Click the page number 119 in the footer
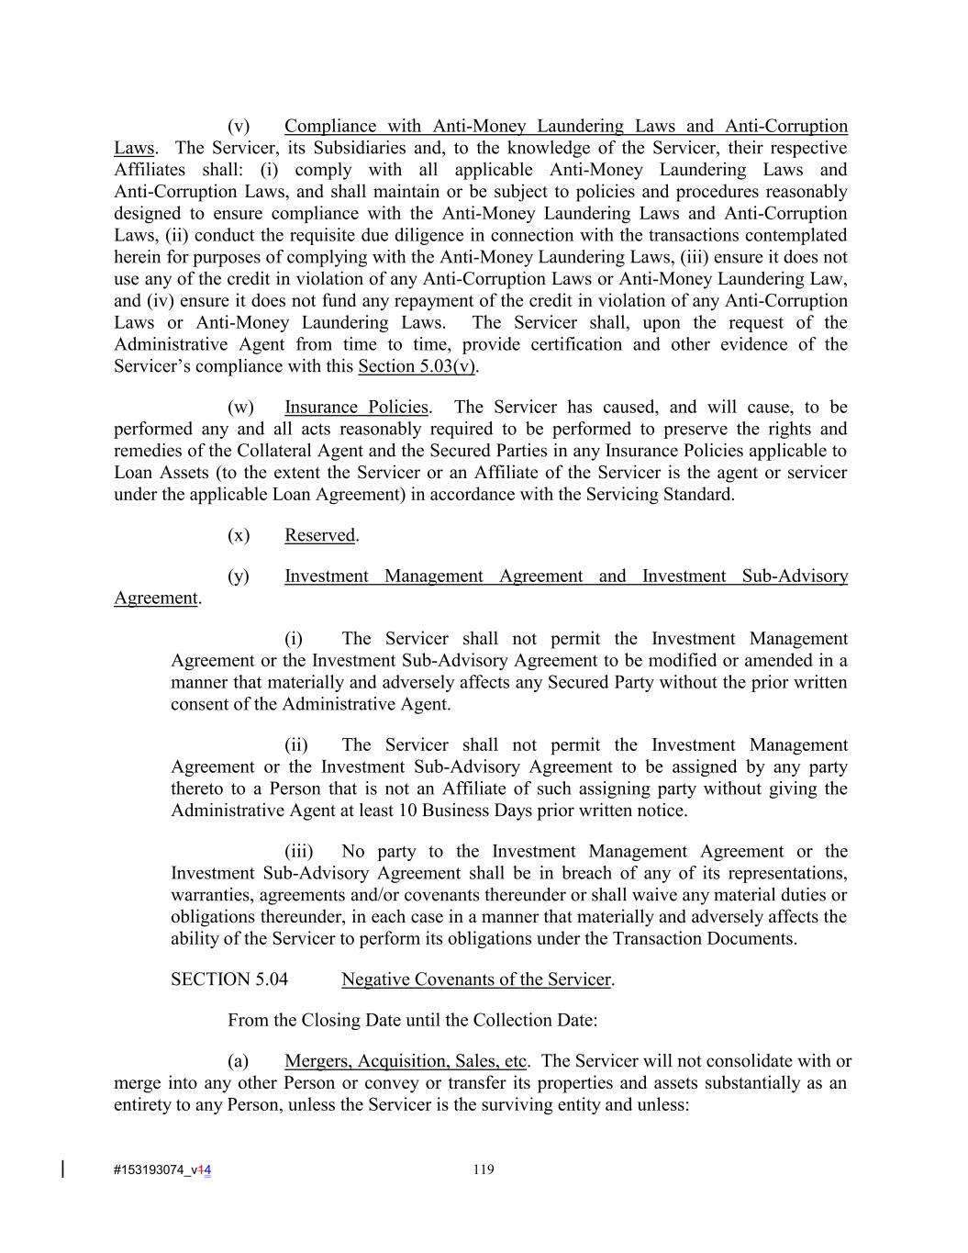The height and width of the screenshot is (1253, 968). click(x=484, y=1169)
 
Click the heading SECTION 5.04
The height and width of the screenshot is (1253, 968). click(x=228, y=979)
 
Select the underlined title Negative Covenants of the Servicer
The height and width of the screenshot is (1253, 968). click(x=475, y=979)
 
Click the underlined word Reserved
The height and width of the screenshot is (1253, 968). click(x=319, y=535)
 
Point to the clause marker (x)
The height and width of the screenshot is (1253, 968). click(x=239, y=535)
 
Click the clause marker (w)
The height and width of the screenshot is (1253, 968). click(x=240, y=407)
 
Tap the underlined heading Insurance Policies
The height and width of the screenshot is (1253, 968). click(x=356, y=407)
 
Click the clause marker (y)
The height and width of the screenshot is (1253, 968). click(x=239, y=576)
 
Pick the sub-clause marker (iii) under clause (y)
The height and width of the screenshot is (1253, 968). click(x=298, y=851)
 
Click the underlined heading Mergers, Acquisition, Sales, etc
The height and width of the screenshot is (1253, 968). click(x=406, y=1061)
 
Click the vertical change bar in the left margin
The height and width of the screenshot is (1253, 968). click(x=62, y=1169)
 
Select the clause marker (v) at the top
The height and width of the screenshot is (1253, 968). click(x=239, y=126)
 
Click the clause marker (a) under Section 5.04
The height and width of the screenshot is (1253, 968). click(x=239, y=1061)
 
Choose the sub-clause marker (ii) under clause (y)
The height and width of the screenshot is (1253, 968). click(x=296, y=744)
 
